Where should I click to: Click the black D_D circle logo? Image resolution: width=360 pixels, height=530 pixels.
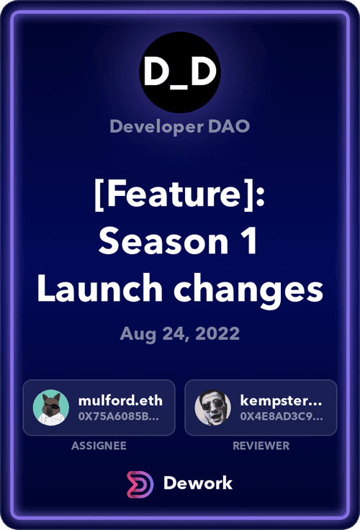tap(180, 72)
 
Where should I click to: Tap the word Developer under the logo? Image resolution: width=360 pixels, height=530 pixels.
tap(157, 127)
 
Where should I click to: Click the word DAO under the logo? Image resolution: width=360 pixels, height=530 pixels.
tap(229, 126)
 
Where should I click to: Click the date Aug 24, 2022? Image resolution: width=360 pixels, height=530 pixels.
tap(180, 334)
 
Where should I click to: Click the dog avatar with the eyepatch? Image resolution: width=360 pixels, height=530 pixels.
tap(51, 408)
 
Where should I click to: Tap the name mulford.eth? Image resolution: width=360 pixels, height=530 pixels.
tap(120, 400)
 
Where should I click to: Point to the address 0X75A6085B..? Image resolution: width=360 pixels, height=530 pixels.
tap(119, 416)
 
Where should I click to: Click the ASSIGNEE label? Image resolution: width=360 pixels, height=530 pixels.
tap(99, 446)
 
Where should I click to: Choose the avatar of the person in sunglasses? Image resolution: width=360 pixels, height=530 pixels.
tap(213, 408)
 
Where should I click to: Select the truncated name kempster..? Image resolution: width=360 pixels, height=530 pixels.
tap(282, 401)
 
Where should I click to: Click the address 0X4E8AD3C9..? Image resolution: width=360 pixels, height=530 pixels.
tap(282, 416)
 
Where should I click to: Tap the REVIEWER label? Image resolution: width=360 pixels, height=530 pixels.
tap(261, 446)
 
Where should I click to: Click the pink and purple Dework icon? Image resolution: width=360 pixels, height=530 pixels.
tap(140, 485)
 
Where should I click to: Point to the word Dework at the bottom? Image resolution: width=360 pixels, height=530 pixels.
tap(198, 483)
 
